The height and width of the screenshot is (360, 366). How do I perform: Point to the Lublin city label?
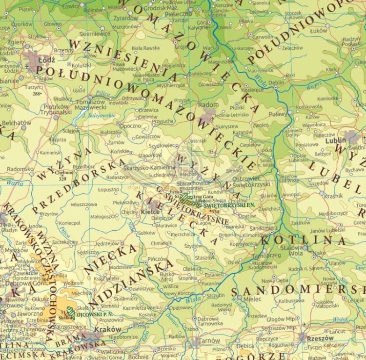336,140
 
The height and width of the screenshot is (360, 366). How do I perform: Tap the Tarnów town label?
211,340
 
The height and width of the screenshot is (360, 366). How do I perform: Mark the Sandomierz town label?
264,228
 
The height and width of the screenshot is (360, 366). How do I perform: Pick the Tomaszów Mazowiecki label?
90,104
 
